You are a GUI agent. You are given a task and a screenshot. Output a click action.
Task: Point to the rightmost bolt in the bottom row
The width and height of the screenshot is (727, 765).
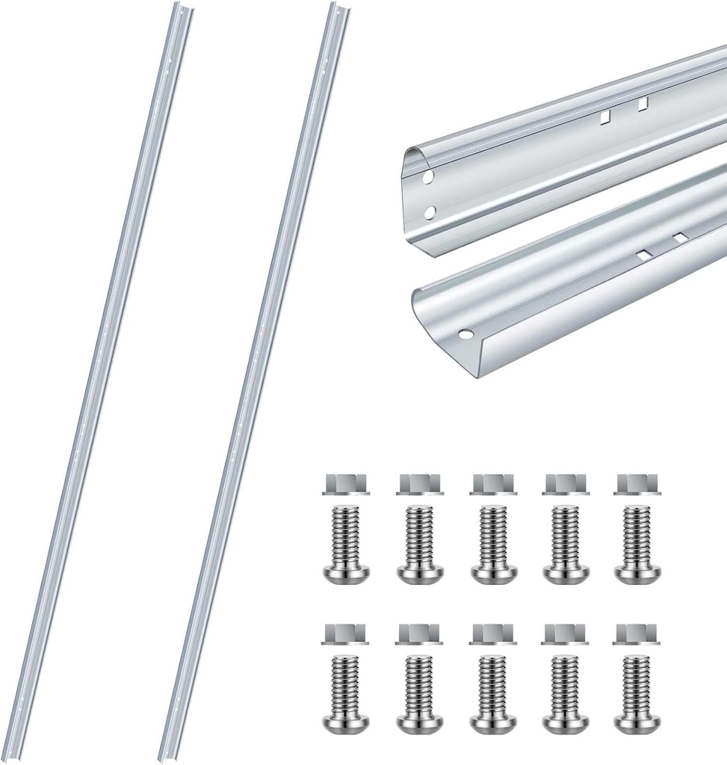pyautogui.click(x=637, y=693)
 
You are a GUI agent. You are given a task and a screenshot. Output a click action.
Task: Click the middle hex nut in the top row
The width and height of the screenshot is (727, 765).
pyautogui.click(x=493, y=484)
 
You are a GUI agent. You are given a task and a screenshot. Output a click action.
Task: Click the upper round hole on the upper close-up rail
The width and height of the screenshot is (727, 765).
pyautogui.click(x=427, y=178)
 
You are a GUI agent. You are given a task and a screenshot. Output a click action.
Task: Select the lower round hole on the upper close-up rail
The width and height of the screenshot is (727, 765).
pyautogui.click(x=430, y=212)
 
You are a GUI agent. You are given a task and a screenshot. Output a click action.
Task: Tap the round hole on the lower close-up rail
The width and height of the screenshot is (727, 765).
pyautogui.click(x=465, y=334)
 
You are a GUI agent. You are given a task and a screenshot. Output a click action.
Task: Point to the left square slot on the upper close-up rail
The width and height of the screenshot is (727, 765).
pyautogui.click(x=606, y=116)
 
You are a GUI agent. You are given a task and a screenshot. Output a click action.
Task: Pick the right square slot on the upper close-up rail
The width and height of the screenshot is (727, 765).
pyautogui.click(x=643, y=104)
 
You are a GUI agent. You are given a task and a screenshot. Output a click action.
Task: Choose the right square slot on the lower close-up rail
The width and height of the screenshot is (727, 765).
pyautogui.click(x=679, y=238)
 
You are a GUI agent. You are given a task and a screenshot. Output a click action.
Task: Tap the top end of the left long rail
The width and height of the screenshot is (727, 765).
pyautogui.click(x=183, y=9)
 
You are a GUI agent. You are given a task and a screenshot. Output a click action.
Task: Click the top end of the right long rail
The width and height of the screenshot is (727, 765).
pyautogui.click(x=340, y=9)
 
